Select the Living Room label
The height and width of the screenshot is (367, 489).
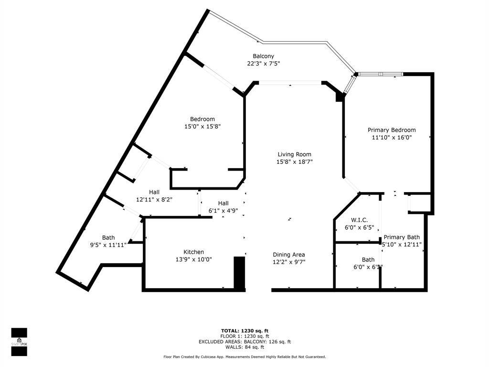pos(295,154)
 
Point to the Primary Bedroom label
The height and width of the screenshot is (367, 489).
pos(392,130)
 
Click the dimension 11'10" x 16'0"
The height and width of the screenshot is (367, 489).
pos(392,137)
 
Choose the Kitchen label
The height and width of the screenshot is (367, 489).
pos(194,252)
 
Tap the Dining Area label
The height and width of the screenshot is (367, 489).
pos(289,255)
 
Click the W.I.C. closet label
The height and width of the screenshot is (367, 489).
pos(359,220)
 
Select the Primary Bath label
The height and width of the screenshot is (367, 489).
pos(402,237)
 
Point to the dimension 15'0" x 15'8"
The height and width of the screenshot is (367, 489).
pos(202,127)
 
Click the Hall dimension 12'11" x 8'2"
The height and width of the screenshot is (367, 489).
pos(154,199)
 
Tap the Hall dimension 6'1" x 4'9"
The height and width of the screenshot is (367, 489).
pos(223,210)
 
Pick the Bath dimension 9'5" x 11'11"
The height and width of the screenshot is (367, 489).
pos(108,245)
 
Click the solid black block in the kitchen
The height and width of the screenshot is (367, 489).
pos(239,272)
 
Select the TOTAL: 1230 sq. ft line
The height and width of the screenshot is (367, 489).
pos(244,331)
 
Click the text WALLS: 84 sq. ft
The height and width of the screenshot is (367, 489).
pos(244,347)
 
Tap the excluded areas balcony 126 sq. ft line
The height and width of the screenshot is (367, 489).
pos(244,342)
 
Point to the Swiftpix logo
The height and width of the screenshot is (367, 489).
pos(19,342)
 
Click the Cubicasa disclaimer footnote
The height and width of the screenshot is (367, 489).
pos(244,357)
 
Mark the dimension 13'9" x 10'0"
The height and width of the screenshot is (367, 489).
pos(194,259)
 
